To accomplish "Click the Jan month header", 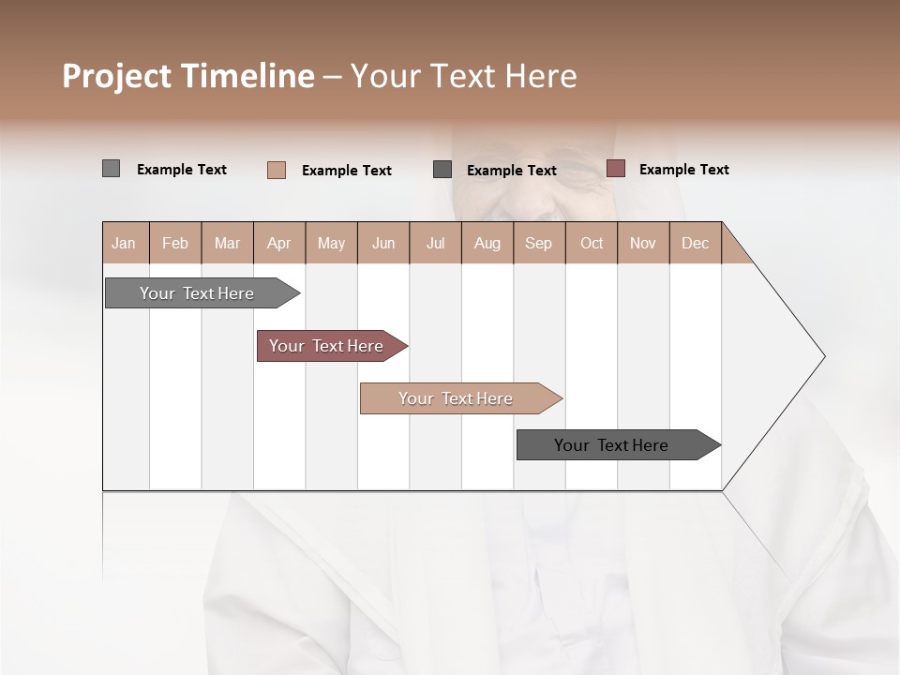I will coord(124,244).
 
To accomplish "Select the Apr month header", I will coord(278,244).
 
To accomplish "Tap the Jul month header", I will coord(435,244).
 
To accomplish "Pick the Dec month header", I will coord(695,244).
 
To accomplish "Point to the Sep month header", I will coord(538,244).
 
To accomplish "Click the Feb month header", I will coord(175,244).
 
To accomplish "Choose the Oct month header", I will coord(592,244).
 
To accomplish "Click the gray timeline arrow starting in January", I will coord(198,293).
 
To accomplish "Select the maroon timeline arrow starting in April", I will coord(327,346).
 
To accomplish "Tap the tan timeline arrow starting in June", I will coord(457,398).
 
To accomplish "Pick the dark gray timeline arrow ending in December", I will coord(612,445).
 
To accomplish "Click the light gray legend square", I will coord(111,169).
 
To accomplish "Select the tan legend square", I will coord(277,170).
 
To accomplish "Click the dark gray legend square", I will coord(442,169).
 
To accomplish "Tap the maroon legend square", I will coord(616,169).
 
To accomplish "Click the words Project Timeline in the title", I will coord(187,76).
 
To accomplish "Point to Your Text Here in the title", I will coord(464,76).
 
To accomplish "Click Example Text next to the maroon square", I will coord(683,170).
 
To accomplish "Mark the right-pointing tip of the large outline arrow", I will coord(823,356).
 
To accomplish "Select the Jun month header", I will coord(383,244).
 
